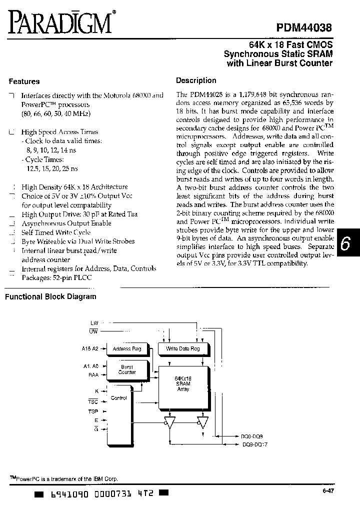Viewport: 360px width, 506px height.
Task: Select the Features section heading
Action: [24, 81]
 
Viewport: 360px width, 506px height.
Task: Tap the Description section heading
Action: [196, 80]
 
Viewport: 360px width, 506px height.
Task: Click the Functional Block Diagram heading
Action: [50, 296]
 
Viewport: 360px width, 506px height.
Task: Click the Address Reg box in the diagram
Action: [127, 348]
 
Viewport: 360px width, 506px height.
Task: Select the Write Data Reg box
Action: [182, 348]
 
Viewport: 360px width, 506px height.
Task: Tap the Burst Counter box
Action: [127, 369]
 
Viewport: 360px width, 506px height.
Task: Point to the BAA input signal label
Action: [93, 374]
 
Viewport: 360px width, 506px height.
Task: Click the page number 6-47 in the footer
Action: [328, 491]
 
